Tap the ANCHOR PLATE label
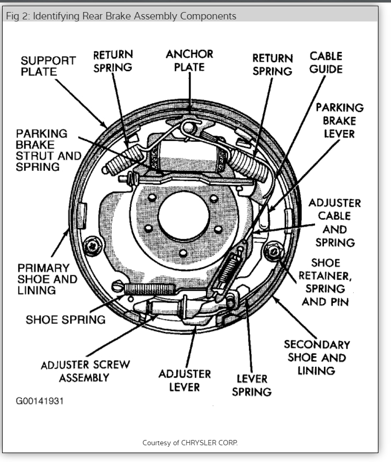click(x=189, y=60)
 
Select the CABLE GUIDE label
click(x=325, y=62)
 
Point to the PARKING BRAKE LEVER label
click(x=339, y=120)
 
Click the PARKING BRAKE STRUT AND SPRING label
click(x=48, y=150)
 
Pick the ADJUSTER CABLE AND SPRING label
click(x=334, y=222)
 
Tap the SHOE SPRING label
click(x=66, y=319)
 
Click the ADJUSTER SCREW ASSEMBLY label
click(x=85, y=370)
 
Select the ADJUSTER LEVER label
click(x=184, y=380)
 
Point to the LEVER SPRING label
click(x=252, y=385)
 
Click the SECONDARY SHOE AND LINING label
click(x=317, y=358)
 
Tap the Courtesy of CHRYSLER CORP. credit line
click(x=190, y=443)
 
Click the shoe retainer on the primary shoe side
click(x=94, y=244)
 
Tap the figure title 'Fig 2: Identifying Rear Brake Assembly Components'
click(x=121, y=16)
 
